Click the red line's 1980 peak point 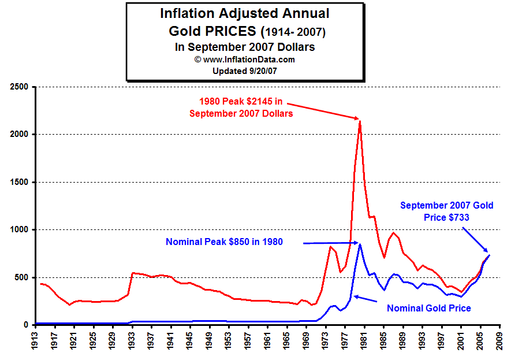[360, 121]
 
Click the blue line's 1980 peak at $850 [360, 243]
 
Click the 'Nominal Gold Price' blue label [428, 308]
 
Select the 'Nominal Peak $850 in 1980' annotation [224, 242]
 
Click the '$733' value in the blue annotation [456, 217]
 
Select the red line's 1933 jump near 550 [133, 273]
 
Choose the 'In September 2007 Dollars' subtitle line [245, 47]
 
